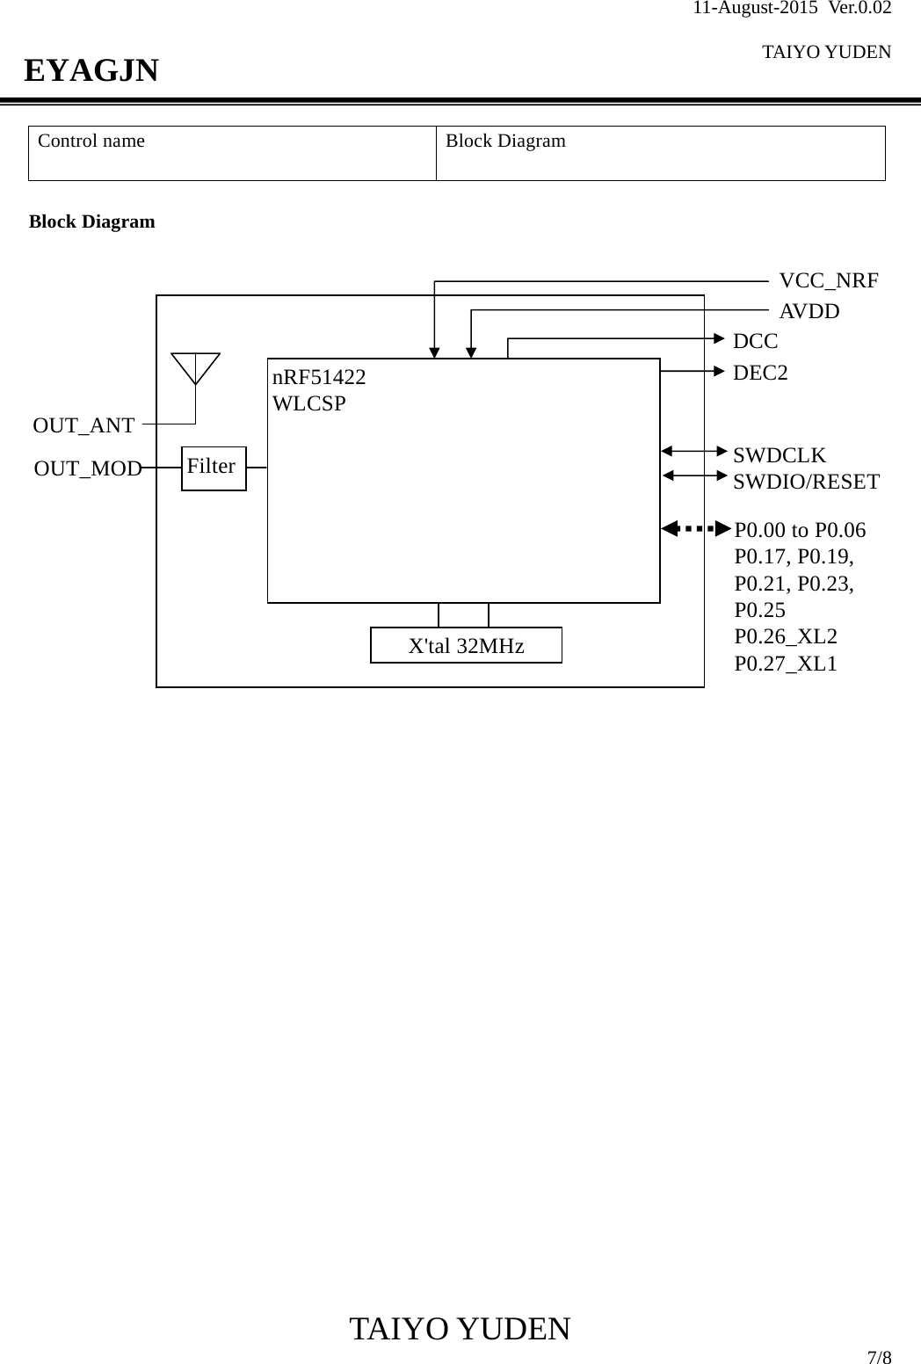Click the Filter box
(214, 468)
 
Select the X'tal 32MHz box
(466, 645)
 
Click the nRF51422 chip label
(319, 378)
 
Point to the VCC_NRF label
(828, 281)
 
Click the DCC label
(755, 341)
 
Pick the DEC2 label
(760, 373)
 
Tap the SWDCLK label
(780, 455)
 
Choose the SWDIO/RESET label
(806, 482)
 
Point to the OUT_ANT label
(83, 426)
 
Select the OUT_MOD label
(88, 469)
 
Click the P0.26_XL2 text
(786, 636)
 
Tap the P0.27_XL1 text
(786, 663)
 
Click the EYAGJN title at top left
(91, 70)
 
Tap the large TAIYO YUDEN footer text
(460, 1329)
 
